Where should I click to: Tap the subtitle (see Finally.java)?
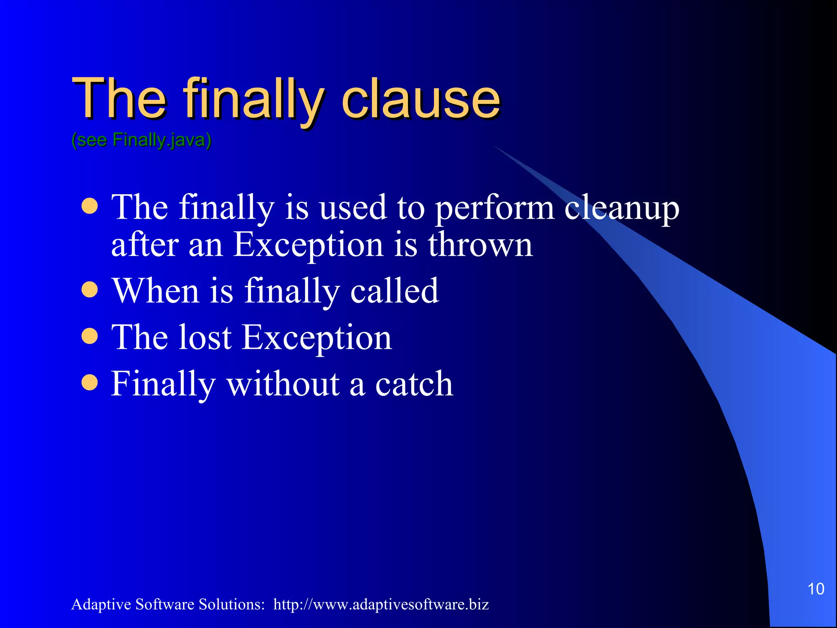point(141,140)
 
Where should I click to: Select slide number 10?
point(815,589)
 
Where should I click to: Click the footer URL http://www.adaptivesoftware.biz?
point(381,604)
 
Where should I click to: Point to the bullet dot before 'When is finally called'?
point(90,290)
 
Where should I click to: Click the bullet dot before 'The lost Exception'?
point(90,336)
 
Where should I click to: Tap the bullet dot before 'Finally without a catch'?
point(90,383)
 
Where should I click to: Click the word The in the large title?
point(119,99)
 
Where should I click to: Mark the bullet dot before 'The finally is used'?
point(90,206)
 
